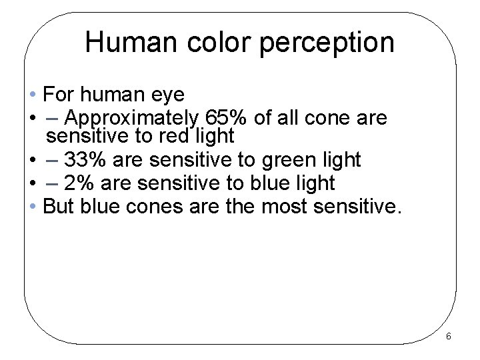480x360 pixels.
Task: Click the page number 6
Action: click(x=448, y=336)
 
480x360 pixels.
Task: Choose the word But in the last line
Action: click(x=58, y=205)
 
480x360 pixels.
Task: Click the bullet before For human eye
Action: click(x=33, y=91)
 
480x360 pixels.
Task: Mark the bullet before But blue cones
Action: click(x=33, y=205)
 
